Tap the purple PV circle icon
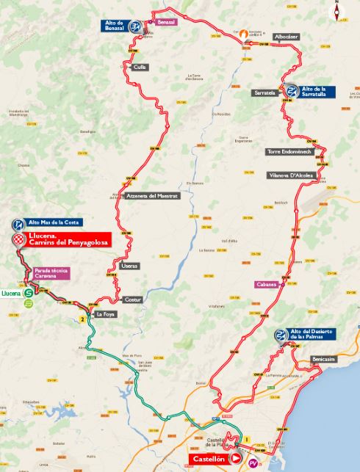point(253,463)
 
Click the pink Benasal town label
point(166,23)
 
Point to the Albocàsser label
point(285,36)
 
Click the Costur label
point(133,300)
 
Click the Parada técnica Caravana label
point(51,274)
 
